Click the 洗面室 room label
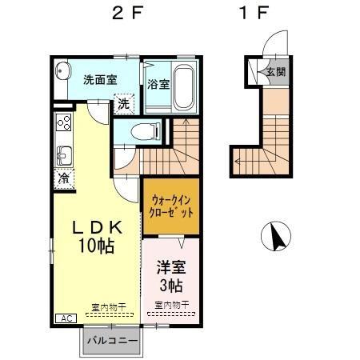(x=100, y=79)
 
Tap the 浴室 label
(x=158, y=83)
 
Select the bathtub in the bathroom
(x=182, y=86)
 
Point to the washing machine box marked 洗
(x=123, y=102)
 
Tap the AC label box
(x=63, y=318)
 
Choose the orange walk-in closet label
(x=171, y=206)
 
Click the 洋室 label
(x=170, y=266)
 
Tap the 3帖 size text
(x=170, y=285)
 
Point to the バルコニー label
(x=111, y=341)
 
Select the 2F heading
(x=127, y=14)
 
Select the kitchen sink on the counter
(x=62, y=153)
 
